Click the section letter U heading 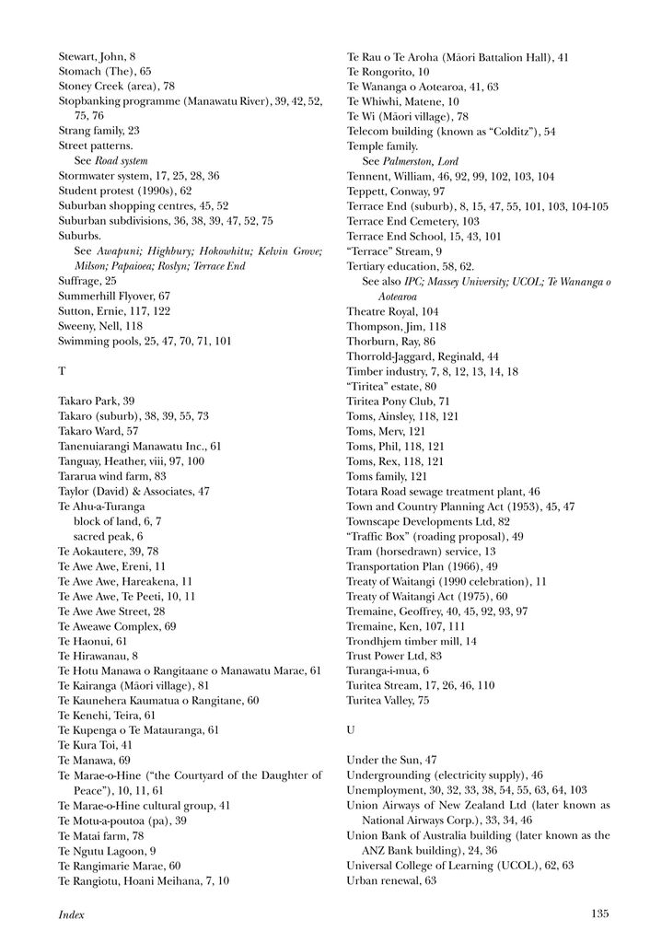click(351, 729)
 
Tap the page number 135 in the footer click(599, 914)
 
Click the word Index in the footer click(72, 914)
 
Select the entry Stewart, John click(97, 57)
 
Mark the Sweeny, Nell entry click(100, 326)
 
